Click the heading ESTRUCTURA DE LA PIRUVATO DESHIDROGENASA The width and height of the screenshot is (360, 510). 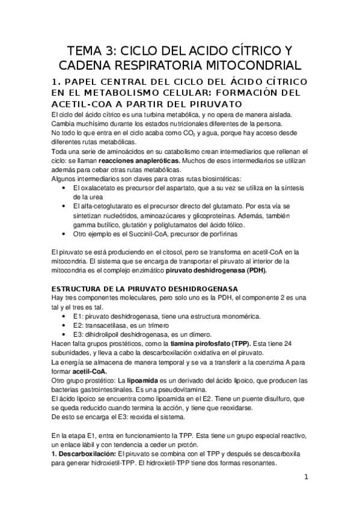point(145,289)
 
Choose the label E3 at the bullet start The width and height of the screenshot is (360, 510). point(77,334)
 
